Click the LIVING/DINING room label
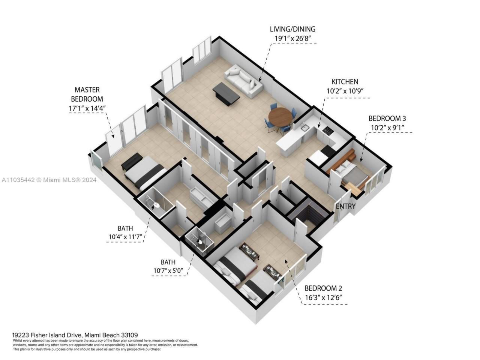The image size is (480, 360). [x=292, y=29]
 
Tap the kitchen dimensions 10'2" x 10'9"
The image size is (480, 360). [x=345, y=90]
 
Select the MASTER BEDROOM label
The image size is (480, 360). [x=87, y=94]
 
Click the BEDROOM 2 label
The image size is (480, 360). [x=323, y=288]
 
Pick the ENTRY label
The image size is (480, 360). [x=345, y=206]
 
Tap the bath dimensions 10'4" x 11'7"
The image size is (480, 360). [x=125, y=237]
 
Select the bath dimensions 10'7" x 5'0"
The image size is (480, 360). [x=170, y=271]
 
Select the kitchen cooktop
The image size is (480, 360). [x=328, y=130]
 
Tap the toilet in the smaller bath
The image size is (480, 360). [x=200, y=242]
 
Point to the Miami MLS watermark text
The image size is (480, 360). [x=49, y=180]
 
